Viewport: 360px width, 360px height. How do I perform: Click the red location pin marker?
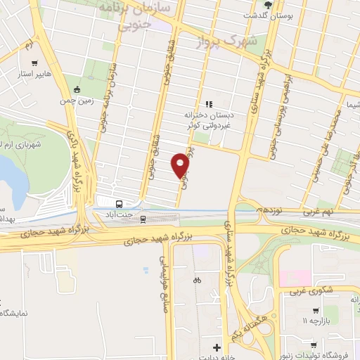click(x=181, y=166)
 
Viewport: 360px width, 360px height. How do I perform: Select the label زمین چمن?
click(x=77, y=102)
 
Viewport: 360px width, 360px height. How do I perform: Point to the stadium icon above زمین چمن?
click(x=77, y=89)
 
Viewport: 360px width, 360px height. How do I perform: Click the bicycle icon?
click(x=198, y=279)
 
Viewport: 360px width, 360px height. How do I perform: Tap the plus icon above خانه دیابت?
click(x=217, y=347)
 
